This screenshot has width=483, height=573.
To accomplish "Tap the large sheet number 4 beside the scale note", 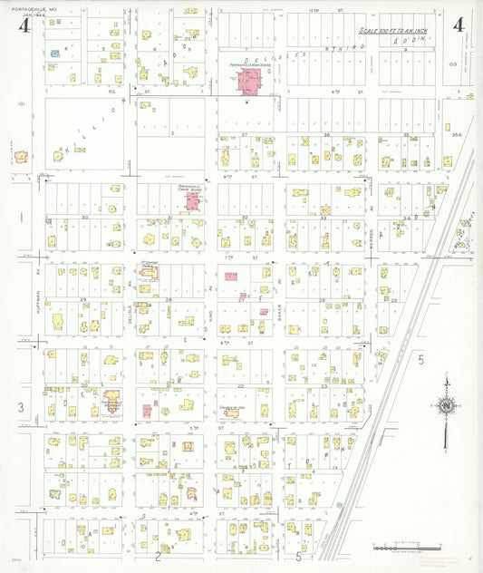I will [x=459, y=25].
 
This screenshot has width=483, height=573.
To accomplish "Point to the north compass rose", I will [x=445, y=405].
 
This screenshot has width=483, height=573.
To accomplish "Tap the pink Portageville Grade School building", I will [x=191, y=199].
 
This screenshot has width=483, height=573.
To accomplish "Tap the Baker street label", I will [x=280, y=313].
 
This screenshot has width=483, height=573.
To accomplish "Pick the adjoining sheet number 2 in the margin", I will [x=158, y=556].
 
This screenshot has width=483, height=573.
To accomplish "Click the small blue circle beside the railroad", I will [x=339, y=505].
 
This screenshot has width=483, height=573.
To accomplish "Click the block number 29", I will [x=83, y=299].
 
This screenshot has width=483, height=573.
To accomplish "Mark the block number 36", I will [x=327, y=135].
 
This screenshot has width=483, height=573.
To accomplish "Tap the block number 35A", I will [x=458, y=135].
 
